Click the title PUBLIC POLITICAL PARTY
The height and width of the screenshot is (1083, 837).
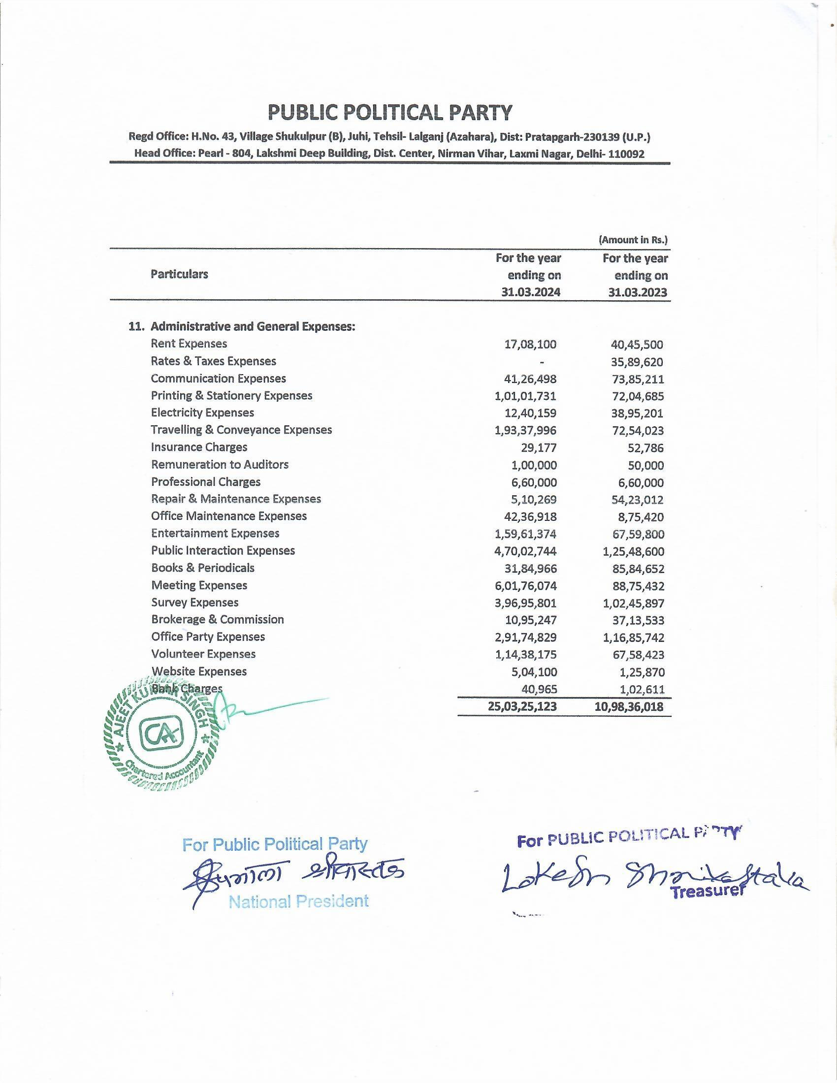390,113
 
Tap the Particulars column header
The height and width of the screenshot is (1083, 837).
179,274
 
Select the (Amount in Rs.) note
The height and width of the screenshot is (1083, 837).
633,240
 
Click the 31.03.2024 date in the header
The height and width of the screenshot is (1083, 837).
531,292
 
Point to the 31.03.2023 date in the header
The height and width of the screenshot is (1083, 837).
638,292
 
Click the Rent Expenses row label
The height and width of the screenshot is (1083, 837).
189,344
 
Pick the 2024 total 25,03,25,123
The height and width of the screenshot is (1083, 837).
522,706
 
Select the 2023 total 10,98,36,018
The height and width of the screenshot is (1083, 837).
629,706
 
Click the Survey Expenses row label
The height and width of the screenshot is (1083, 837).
195,603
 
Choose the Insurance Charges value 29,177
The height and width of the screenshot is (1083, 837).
538,448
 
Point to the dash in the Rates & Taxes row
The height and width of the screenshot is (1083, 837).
542,362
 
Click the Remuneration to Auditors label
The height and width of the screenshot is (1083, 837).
220,465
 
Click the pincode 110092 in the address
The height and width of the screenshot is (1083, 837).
626,154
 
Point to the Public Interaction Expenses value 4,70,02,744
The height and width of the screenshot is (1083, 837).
526,551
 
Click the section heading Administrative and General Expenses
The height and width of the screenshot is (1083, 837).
253,326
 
